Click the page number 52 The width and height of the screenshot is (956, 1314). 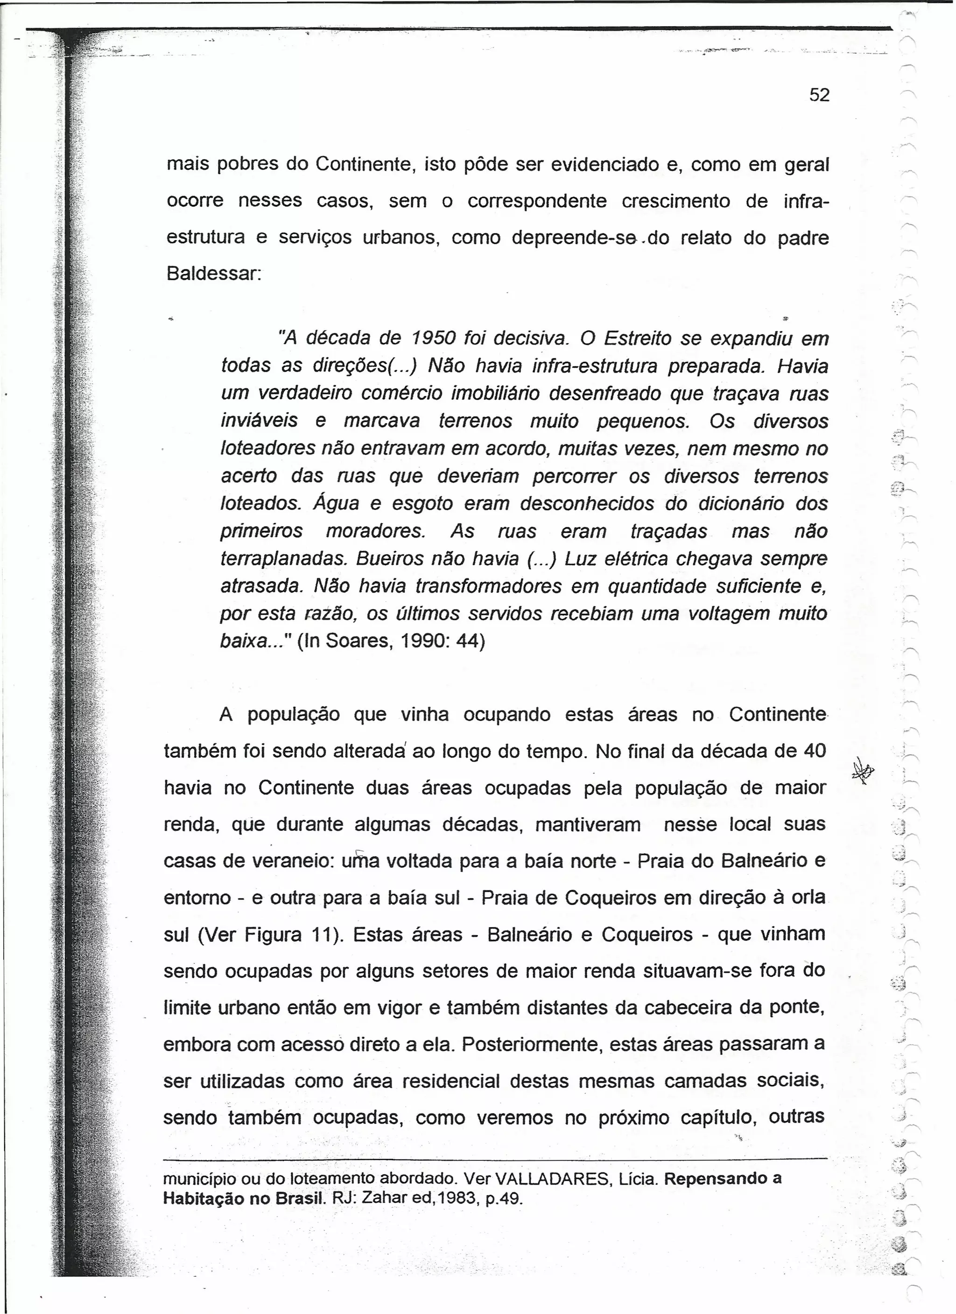pyautogui.click(x=819, y=95)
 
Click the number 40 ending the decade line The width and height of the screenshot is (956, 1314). pyautogui.click(x=814, y=752)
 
